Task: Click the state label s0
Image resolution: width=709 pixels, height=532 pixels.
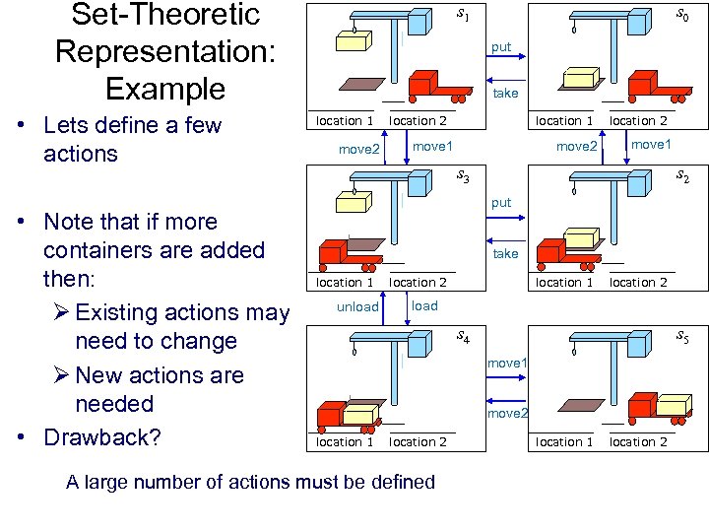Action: pyautogui.click(x=681, y=16)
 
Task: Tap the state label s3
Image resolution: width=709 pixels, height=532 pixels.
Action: pyautogui.click(x=463, y=177)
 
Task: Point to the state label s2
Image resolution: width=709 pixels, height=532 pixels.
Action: pyautogui.click(x=681, y=177)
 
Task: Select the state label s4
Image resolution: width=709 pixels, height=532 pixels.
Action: pyautogui.click(x=463, y=338)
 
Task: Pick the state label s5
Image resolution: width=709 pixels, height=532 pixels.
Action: pyautogui.click(x=681, y=338)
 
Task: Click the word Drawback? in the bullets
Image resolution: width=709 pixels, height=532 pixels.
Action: pyautogui.click(x=102, y=437)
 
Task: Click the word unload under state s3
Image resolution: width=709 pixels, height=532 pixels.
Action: pyautogui.click(x=357, y=307)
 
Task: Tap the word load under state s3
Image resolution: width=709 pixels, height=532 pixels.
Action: pyautogui.click(x=425, y=306)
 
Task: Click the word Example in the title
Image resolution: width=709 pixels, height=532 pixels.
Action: pyautogui.click(x=165, y=89)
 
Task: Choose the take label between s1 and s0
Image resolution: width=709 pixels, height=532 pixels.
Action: pyautogui.click(x=505, y=94)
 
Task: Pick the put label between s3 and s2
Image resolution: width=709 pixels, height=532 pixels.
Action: pyautogui.click(x=502, y=203)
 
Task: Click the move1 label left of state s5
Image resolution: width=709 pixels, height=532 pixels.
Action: pyautogui.click(x=509, y=365)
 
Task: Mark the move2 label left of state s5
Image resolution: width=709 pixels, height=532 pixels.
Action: pyautogui.click(x=509, y=413)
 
